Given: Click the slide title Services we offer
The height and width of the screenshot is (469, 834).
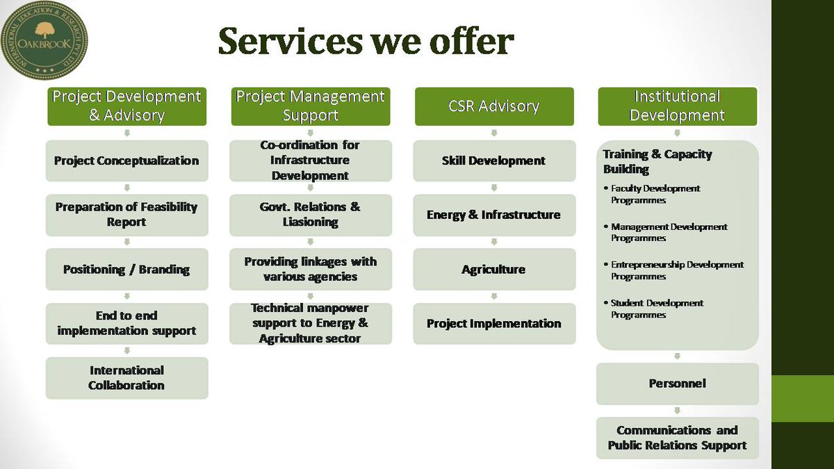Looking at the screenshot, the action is point(366,42).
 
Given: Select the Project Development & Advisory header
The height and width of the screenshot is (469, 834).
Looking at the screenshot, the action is point(126,106).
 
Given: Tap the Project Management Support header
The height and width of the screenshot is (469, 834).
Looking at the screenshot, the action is point(310,106).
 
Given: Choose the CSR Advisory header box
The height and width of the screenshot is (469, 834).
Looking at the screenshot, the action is point(494,106).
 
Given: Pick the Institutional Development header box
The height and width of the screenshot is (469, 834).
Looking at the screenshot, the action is point(677,106).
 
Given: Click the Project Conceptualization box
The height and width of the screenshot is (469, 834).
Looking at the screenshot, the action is point(126,161).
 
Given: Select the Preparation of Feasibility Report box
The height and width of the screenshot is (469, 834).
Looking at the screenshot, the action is point(126,215).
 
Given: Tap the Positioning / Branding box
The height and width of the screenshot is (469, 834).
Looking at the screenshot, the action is point(126,269).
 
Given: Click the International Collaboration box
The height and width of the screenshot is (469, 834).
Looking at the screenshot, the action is point(126,378).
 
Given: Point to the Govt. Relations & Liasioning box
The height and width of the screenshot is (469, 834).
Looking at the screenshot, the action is point(310,215).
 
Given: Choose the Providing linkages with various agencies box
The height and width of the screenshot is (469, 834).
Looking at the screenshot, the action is point(310,269).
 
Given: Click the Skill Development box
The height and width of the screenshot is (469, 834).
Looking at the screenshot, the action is point(494,161).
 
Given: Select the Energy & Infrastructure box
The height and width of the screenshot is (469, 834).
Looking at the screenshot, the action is point(494,215).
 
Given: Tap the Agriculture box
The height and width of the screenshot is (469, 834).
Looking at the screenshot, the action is point(494,269).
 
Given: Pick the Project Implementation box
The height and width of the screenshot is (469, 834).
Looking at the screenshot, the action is point(494,323).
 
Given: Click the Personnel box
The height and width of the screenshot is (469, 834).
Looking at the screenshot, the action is point(677,384).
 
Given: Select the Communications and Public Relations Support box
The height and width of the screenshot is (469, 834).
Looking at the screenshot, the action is point(677,438).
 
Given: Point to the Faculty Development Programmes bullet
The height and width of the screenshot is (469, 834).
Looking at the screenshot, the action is point(654,194).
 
